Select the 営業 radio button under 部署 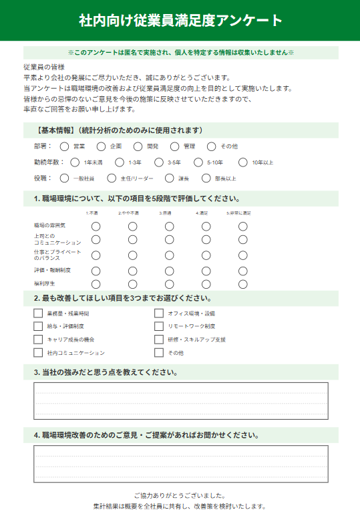coord(64,146)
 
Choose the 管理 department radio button coord(175,146)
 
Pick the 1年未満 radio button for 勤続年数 coord(71,162)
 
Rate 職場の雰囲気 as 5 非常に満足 coord(242,227)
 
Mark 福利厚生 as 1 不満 coord(96,284)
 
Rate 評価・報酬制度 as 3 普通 coord(170,271)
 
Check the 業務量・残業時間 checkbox coord(38,313)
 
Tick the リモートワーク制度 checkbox coord(159,326)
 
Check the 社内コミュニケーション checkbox coord(38,352)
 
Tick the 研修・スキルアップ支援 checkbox coord(159,339)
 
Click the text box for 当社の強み coord(180,401)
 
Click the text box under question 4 coord(180,464)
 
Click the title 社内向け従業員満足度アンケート coord(180,20)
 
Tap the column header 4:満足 coord(202,213)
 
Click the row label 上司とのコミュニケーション coord(57,239)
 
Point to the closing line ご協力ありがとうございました coord(180,495)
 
